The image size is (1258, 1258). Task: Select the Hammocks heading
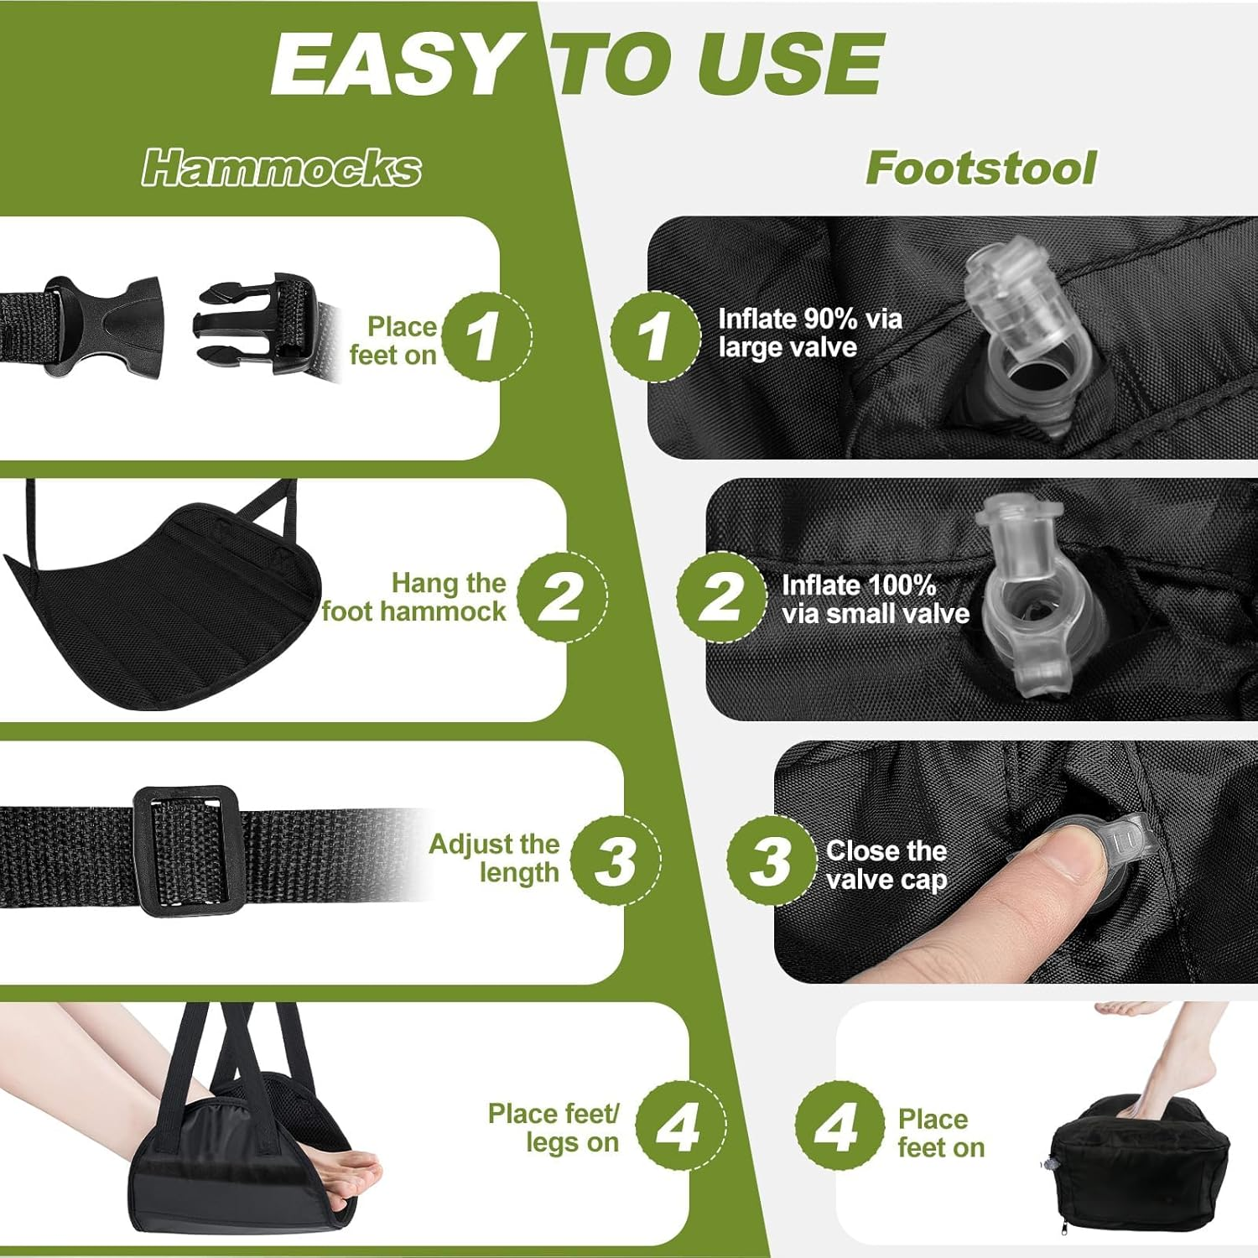281,168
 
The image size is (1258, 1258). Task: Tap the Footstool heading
980,168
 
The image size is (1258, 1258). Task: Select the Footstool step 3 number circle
771,860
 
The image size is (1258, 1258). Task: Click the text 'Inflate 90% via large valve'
809,333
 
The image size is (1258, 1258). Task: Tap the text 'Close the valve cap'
886,865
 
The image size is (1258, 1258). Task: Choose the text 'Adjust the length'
494,858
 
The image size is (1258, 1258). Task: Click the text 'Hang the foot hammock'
415,597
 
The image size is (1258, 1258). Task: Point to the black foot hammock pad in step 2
168,604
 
